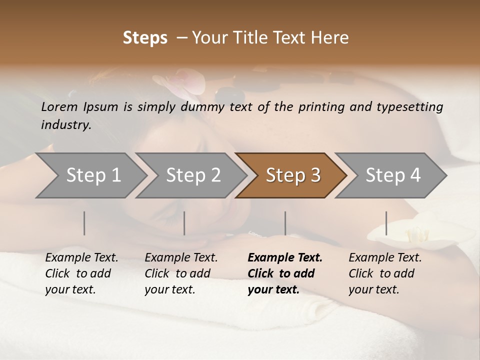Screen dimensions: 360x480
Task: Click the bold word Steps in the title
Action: coord(145,38)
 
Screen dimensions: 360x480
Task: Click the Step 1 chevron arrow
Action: coord(90,175)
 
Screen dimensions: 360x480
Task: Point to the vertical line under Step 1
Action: coord(84,223)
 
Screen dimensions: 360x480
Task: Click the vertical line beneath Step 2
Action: coord(184,223)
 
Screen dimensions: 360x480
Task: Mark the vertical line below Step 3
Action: coord(285,223)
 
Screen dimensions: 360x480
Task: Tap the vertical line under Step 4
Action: coord(386,223)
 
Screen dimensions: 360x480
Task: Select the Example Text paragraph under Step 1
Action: coord(81,273)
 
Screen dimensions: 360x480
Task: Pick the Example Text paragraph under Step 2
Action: coord(181,273)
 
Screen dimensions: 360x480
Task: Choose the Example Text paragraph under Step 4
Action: coord(385,273)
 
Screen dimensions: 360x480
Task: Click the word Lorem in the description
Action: coord(59,106)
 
